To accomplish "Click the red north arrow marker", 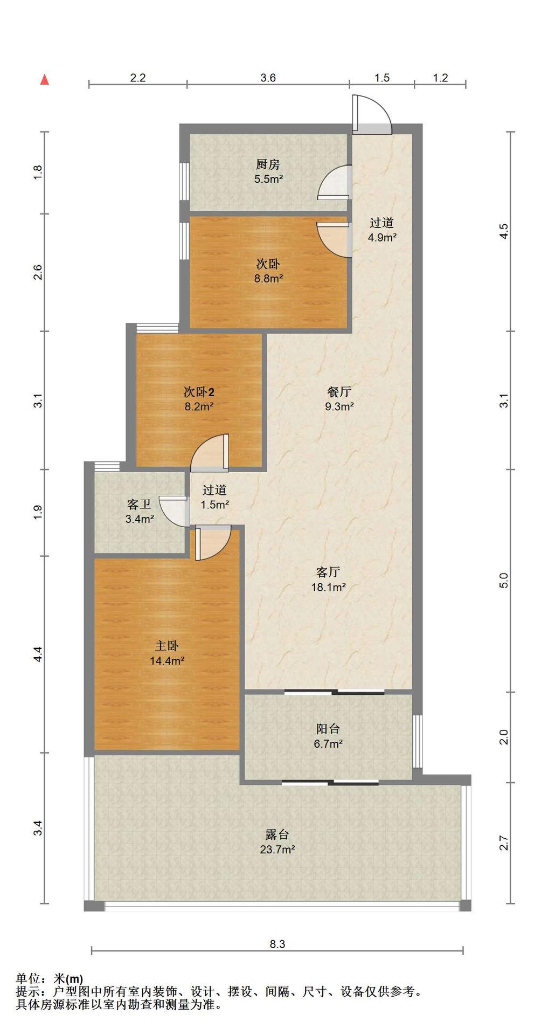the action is point(45,80).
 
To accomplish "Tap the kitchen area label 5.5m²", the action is point(269,179).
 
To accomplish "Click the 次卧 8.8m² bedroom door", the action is point(334,240).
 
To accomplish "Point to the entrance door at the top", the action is point(371,114).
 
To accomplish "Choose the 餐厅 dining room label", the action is point(339,391).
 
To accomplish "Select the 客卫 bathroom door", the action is point(174,510).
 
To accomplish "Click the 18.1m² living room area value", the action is point(328,587).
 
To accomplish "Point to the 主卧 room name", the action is point(167,645).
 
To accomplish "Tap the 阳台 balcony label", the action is point(328,729).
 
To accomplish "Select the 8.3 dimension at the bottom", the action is point(277,944).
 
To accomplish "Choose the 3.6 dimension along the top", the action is point(268,78).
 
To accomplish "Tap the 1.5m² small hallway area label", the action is point(215,505).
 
